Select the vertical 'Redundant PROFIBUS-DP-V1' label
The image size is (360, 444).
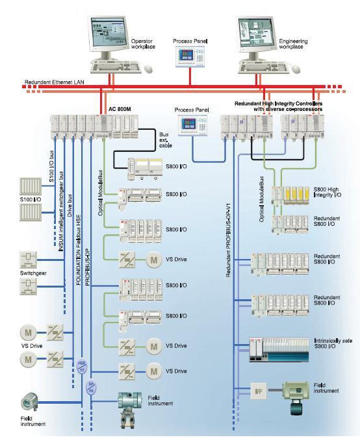[x=229, y=241]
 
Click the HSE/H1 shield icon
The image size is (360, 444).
[x=82, y=367]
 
